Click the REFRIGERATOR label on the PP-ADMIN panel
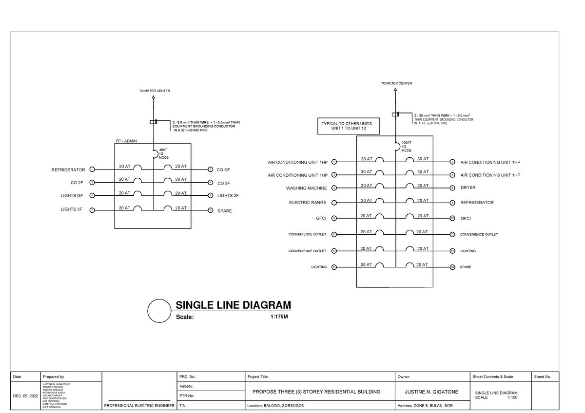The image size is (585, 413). click(68, 170)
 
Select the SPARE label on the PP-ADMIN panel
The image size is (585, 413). click(224, 211)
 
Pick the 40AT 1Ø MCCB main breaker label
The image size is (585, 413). click(163, 153)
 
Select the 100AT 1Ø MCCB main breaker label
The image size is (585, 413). click(406, 147)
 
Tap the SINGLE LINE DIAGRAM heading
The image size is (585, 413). click(233, 305)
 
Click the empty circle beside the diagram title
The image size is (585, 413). click(159, 311)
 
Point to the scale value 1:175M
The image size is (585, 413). click(279, 317)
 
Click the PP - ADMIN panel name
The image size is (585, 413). click(126, 141)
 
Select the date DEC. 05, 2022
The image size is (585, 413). click(25, 397)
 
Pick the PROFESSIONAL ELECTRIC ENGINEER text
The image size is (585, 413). click(139, 405)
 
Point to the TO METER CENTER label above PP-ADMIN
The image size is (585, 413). click(155, 91)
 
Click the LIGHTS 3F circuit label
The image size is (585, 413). click(72, 210)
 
